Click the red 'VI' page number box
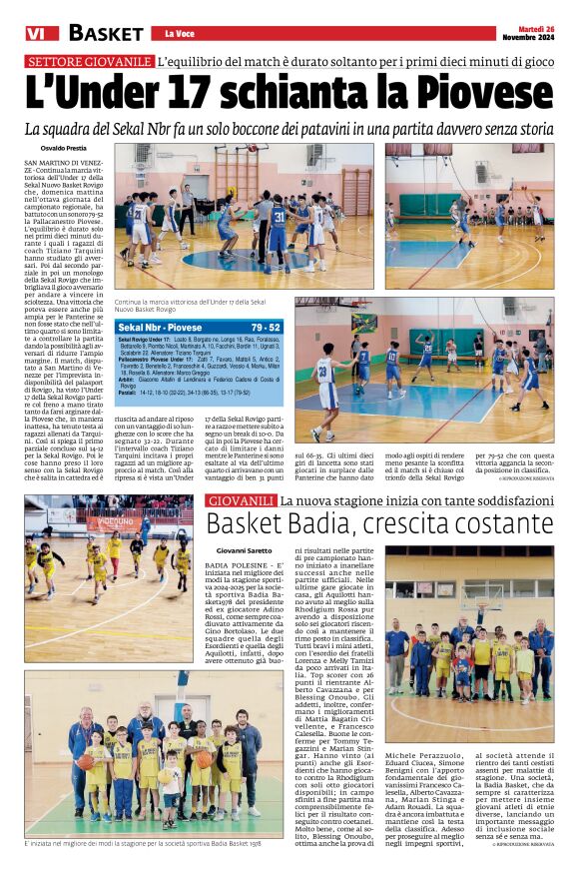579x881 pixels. (36, 33)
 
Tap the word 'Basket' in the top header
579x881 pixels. (106, 33)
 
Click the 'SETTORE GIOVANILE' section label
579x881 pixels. (90, 61)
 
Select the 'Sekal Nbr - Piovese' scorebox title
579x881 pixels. (160, 327)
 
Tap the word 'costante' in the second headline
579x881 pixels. (494, 523)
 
